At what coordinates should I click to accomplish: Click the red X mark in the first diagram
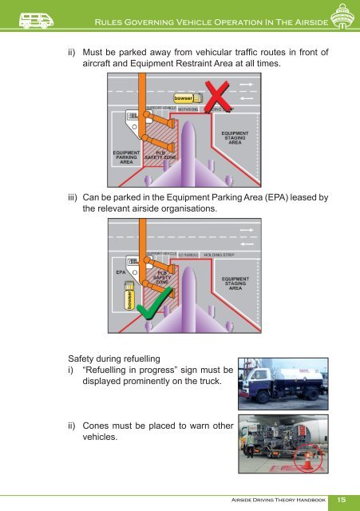tap(217, 101)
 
